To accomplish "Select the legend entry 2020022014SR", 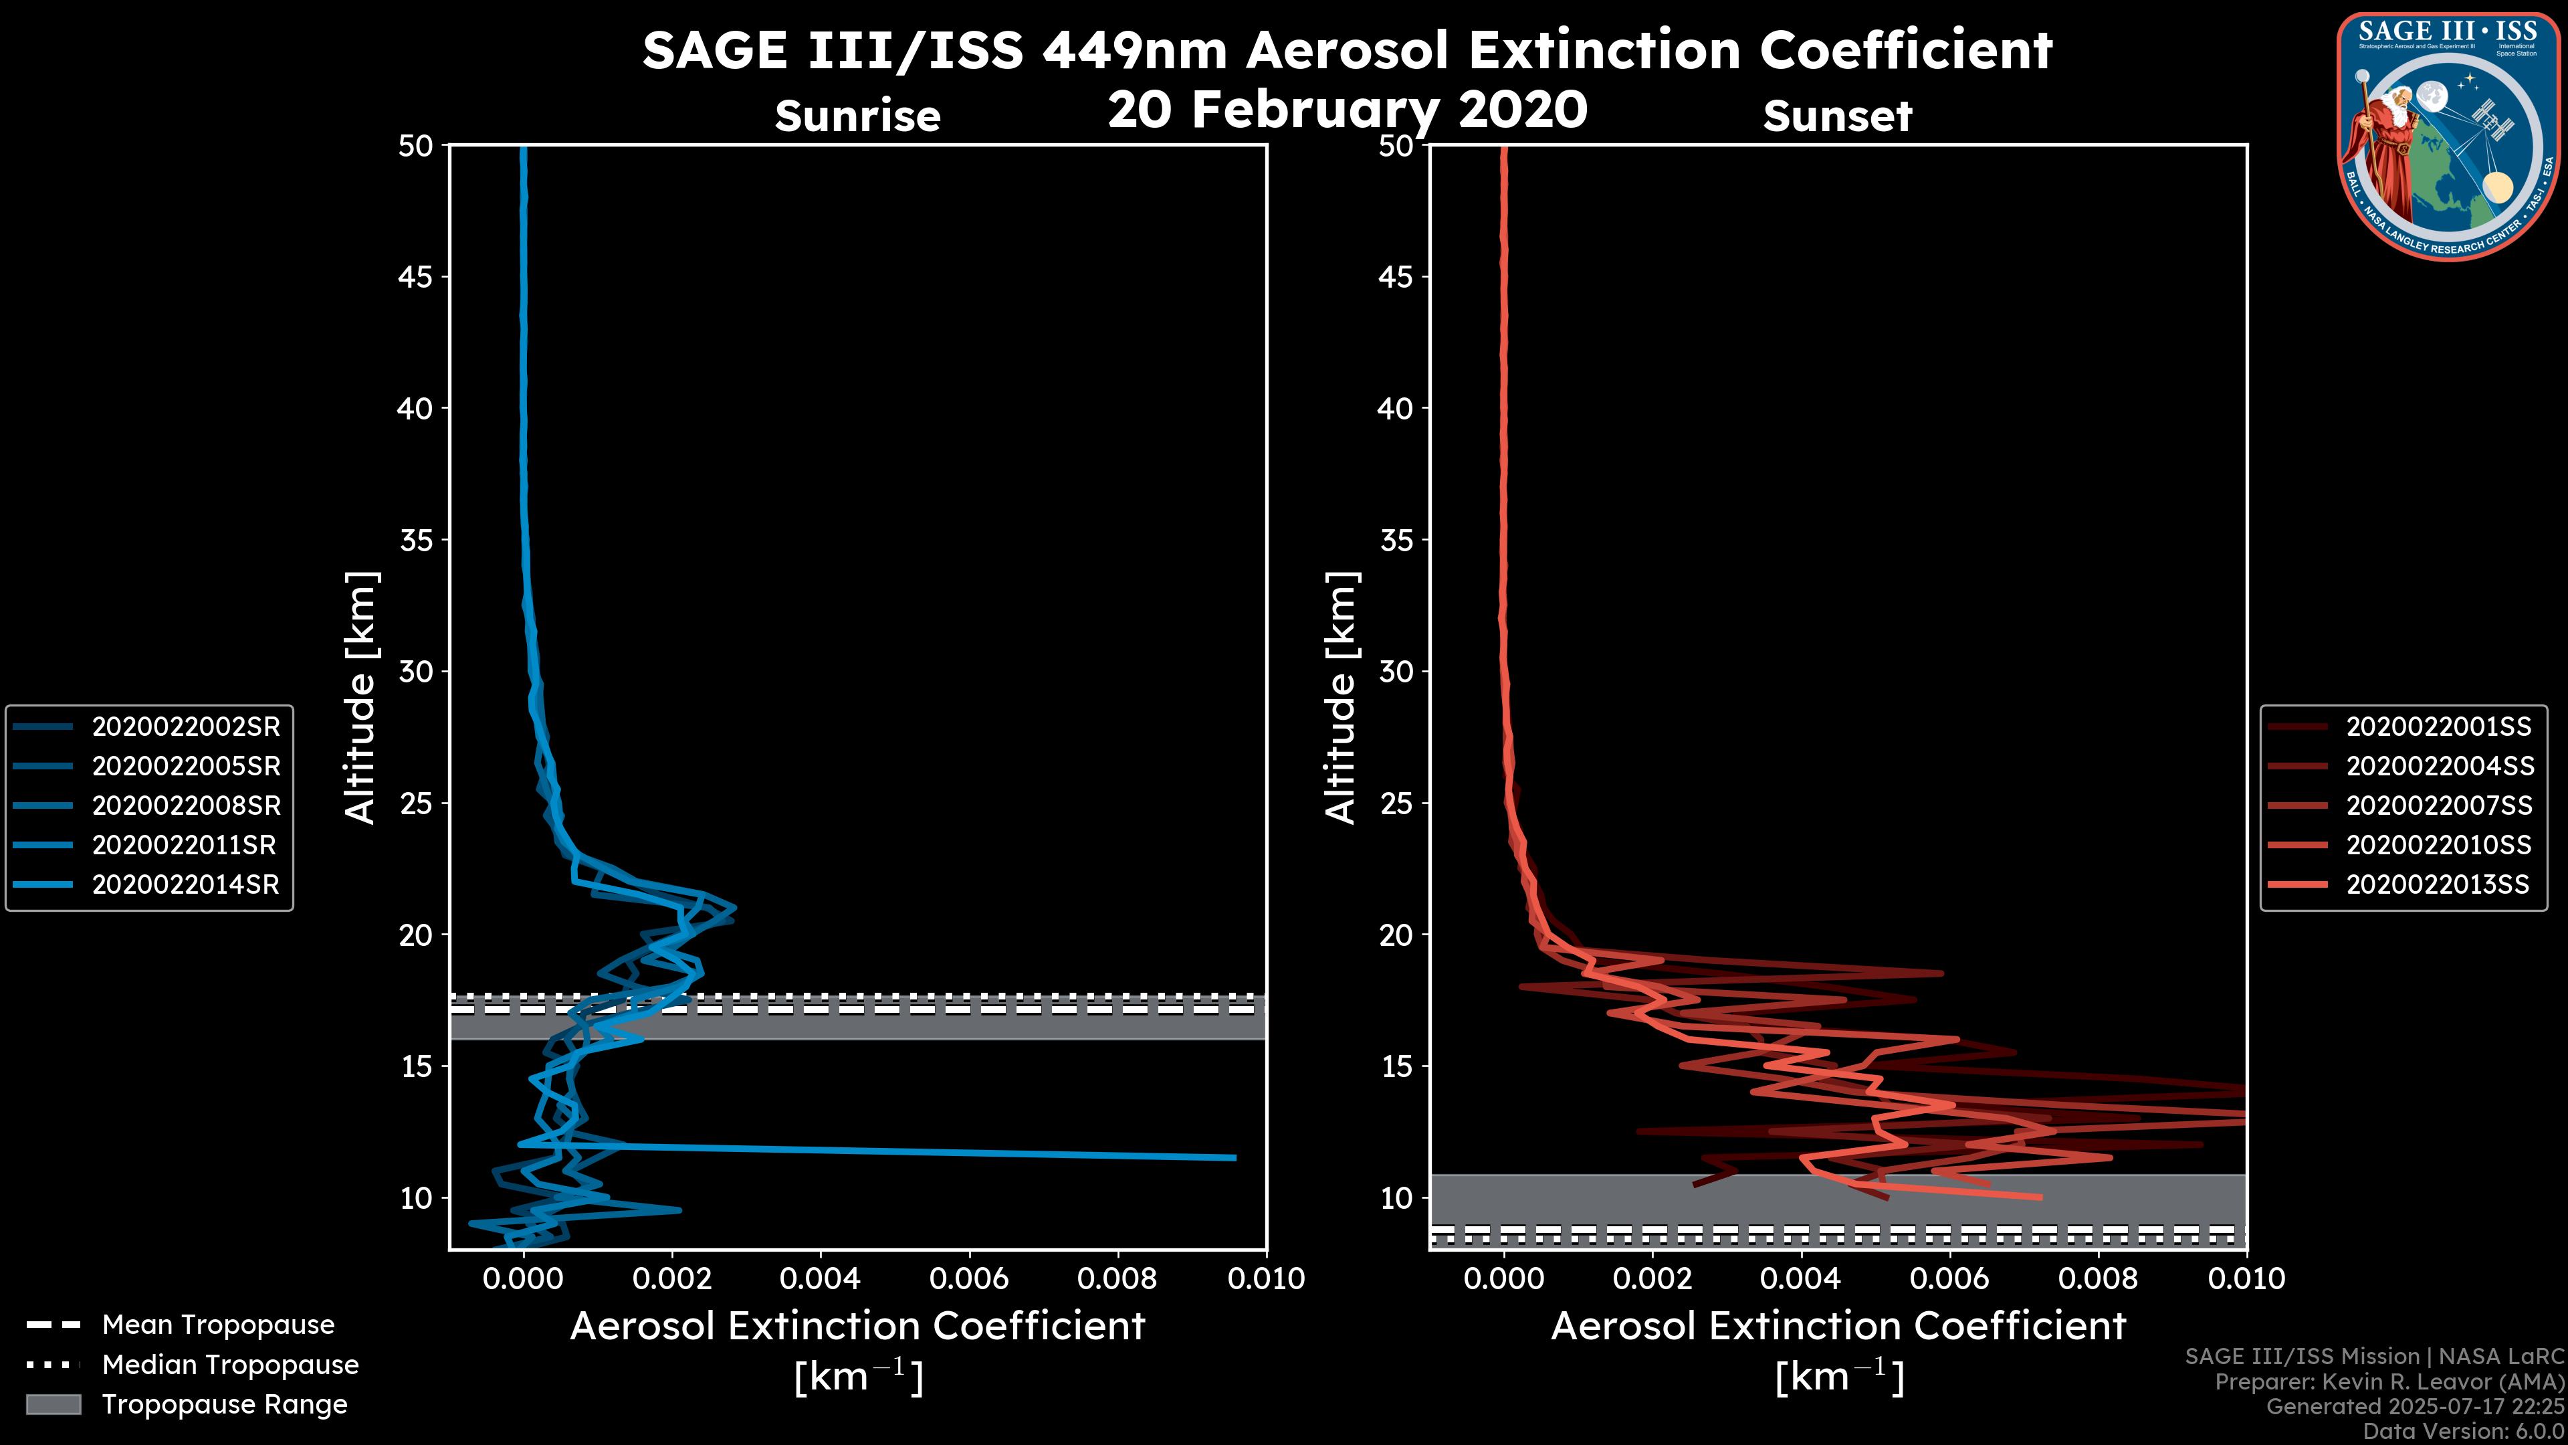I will (185, 884).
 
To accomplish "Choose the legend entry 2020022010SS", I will (2438, 846).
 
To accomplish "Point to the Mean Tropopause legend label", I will (218, 1325).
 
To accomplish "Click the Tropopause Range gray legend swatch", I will (53, 1404).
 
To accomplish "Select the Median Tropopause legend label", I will (230, 1364).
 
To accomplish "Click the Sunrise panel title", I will (857, 116).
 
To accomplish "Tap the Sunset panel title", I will (1837, 116).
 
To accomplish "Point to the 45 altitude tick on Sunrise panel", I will (416, 277).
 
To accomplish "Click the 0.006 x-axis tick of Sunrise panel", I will (969, 1278).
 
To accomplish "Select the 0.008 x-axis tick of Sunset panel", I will (2099, 1278).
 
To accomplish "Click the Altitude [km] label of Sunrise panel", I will (361, 698).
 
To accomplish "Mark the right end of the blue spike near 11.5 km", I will (1234, 1158).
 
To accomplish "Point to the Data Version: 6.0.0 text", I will (2464, 1431).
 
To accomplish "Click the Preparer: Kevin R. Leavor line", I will (2389, 1382).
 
